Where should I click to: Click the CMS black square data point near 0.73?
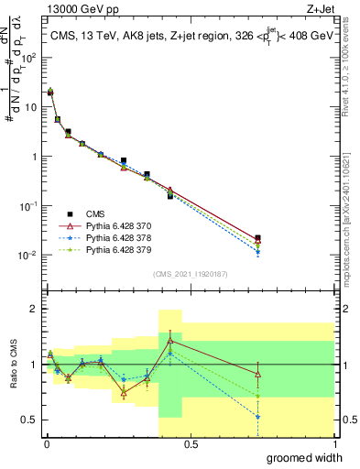tap(257, 238)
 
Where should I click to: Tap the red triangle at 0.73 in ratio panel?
tap(257, 374)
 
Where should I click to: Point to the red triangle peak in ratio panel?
tap(170, 340)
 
